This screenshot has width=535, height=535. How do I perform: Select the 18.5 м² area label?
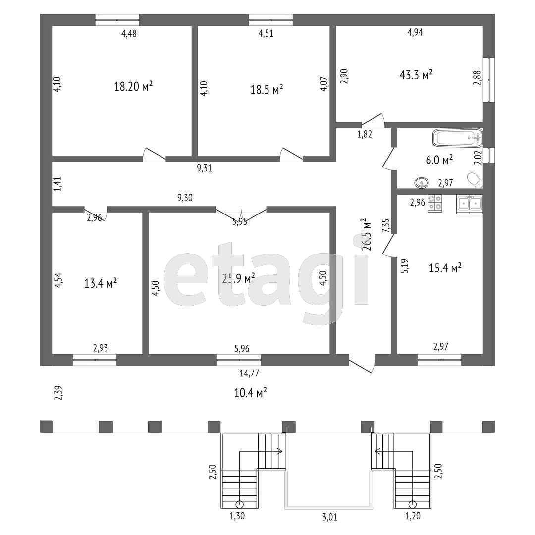tap(267, 90)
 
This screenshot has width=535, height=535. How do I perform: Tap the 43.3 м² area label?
tap(416, 74)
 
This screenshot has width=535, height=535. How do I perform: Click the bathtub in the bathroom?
tap(457, 138)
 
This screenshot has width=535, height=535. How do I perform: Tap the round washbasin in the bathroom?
tap(421, 182)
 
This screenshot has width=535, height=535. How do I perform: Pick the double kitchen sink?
tap(469, 204)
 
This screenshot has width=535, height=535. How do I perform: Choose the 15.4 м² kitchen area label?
tap(445, 268)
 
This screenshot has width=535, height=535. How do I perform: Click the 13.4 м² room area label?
tap(101, 283)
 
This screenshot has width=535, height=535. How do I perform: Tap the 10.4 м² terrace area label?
tap(250, 393)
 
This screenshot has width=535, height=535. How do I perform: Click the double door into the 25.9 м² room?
tap(241, 212)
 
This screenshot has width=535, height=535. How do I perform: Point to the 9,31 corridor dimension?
tap(204, 168)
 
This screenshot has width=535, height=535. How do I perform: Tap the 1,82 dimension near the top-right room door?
tap(364, 133)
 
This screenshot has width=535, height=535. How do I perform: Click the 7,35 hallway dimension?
tap(386, 225)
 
